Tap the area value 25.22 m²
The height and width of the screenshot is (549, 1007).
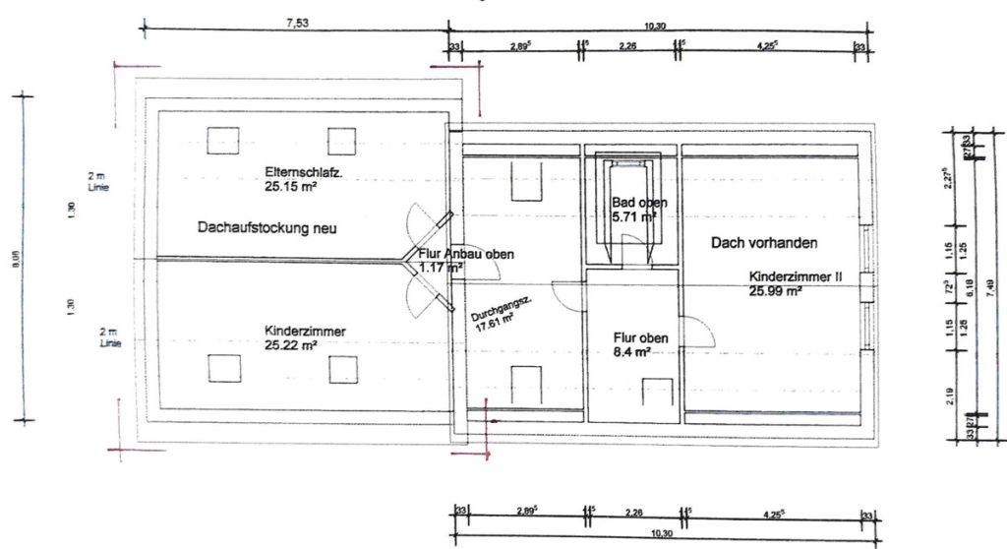(292, 346)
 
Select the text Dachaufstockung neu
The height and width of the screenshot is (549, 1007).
(267, 227)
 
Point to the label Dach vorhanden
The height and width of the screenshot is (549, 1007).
(765, 242)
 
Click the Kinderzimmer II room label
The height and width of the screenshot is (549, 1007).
(795, 277)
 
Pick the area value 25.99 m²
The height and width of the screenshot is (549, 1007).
(776, 291)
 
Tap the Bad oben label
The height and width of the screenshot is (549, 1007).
(639, 203)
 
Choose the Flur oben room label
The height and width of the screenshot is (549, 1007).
(640, 337)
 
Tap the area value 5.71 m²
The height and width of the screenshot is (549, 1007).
(633, 216)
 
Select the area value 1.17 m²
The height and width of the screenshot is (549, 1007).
(442, 267)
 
